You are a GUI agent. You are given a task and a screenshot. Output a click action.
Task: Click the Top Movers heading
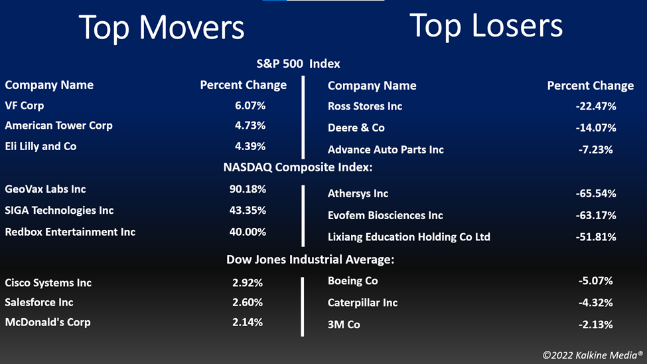pos(161,28)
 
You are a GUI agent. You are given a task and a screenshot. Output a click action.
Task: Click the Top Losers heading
pos(486,26)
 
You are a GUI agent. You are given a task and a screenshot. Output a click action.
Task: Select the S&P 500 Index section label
pos(299,64)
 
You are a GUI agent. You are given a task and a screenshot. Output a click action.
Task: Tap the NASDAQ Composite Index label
pos(298,167)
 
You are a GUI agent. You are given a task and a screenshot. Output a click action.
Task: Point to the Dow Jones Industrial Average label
pos(311,260)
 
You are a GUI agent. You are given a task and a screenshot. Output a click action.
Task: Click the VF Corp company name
pos(25,106)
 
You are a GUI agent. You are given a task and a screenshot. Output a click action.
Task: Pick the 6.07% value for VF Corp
pos(250,106)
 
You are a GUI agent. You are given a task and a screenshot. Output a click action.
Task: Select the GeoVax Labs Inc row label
pos(45,189)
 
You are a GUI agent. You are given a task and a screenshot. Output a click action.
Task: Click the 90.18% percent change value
pos(248,189)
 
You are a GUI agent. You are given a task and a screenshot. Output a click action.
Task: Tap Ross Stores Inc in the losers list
pos(365,106)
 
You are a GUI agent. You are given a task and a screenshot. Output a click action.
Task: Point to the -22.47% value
pos(596,106)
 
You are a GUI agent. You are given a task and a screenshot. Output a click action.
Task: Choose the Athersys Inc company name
pos(358,193)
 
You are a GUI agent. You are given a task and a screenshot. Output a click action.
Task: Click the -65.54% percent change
pos(596,193)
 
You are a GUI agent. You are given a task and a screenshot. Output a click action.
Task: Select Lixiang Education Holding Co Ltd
pos(409,236)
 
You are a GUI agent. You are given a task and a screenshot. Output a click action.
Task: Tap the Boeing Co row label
pos(353,281)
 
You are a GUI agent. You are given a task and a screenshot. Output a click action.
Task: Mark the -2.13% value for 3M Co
pos(595,324)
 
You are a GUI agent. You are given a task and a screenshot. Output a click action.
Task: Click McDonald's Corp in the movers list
pos(48,322)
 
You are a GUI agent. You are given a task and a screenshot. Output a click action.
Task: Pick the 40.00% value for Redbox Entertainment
pos(248,232)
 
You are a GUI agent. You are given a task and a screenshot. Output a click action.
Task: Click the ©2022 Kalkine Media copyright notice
pos(593,355)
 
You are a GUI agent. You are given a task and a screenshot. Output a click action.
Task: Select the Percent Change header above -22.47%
pos(591,86)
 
